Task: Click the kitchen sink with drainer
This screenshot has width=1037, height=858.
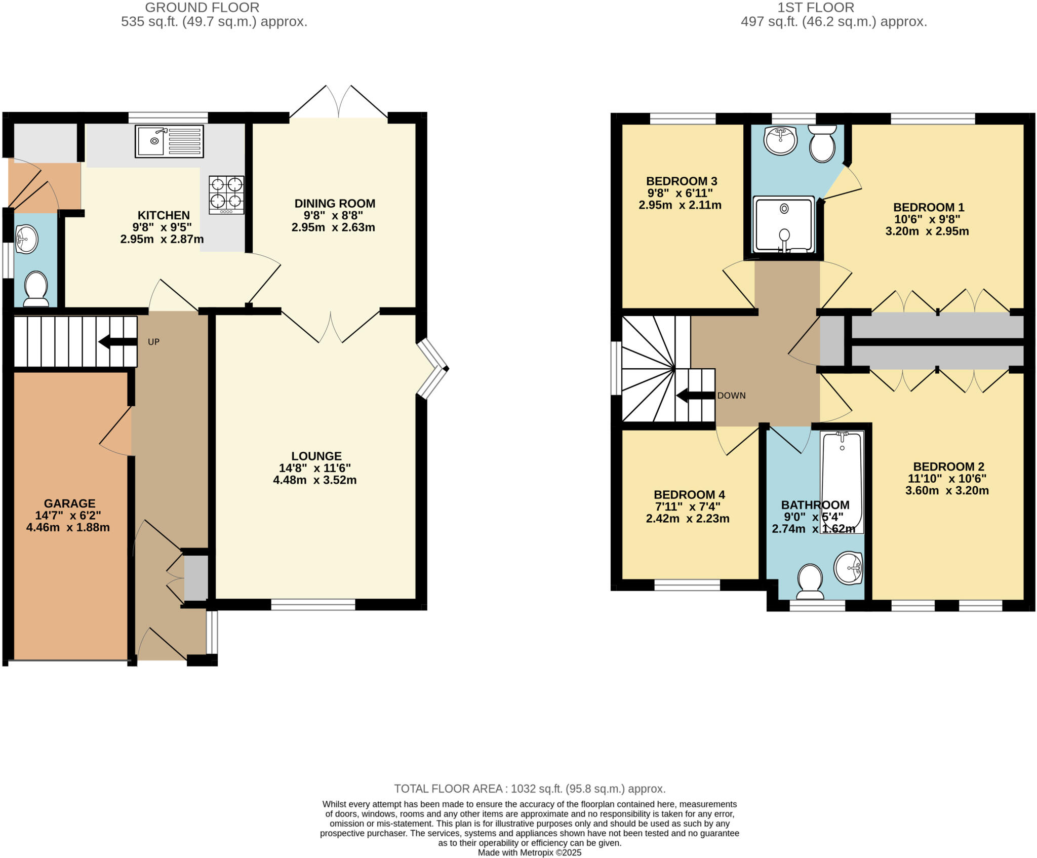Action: pos(169,141)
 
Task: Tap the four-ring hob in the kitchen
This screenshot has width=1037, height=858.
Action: pos(226,194)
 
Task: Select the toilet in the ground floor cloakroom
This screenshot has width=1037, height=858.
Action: pos(36,289)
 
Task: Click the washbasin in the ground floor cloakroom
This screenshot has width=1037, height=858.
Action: pos(26,239)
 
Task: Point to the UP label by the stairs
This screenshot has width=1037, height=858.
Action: pos(153,342)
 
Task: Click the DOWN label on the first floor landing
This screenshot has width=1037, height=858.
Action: pos(731,396)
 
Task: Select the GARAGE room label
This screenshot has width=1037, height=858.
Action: pos(69,503)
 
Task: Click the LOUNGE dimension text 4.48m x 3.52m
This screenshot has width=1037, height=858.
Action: pos(314,480)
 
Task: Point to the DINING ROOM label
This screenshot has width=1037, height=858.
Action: pos(335,204)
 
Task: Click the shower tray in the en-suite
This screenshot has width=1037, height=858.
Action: pos(784,224)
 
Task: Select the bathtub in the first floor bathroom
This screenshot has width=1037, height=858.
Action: pos(842,481)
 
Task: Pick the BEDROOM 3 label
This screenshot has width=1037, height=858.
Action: pos(681,181)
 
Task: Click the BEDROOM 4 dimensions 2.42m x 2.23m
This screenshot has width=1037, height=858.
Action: pos(687,519)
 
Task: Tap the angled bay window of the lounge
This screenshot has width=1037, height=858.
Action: pos(433,369)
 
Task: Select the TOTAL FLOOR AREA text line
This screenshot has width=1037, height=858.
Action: pos(530,789)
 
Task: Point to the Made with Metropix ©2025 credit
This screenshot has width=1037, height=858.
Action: pos(530,852)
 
